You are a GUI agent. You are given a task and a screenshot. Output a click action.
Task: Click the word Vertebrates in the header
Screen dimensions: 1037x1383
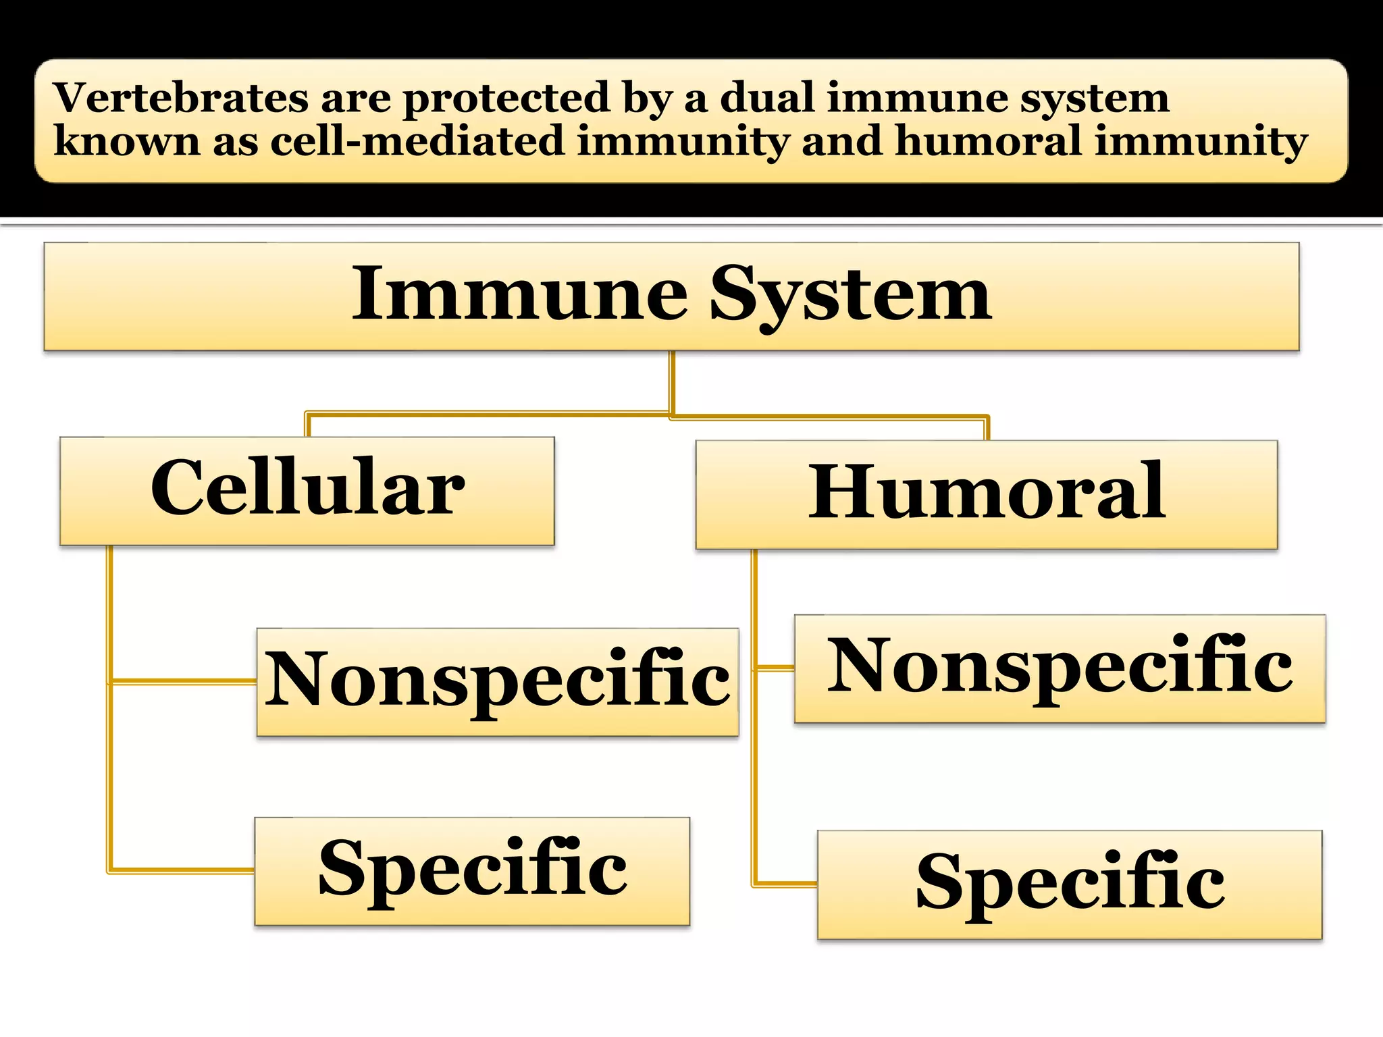coord(181,98)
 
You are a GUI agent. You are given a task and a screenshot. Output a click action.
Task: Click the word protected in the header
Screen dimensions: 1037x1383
coord(507,99)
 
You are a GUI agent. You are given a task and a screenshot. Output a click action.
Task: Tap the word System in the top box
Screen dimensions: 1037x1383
coord(850,296)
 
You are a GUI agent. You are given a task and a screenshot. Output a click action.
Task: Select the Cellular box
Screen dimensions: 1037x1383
coord(307,491)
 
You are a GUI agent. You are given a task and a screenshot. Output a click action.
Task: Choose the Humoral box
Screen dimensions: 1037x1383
coord(987,494)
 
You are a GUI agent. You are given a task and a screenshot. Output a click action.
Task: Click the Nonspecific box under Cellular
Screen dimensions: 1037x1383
coord(498,682)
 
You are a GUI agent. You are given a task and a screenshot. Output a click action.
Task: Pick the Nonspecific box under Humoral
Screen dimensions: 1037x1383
coord(1060,668)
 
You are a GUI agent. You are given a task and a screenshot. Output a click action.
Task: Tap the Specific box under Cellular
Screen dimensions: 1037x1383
coord(472,871)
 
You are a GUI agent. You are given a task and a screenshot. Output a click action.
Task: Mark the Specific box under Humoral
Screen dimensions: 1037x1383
coord(1070,884)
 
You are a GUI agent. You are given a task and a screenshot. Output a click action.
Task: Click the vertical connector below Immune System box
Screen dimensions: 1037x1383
coord(672,381)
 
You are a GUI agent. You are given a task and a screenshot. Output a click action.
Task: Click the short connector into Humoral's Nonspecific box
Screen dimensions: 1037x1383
coord(775,668)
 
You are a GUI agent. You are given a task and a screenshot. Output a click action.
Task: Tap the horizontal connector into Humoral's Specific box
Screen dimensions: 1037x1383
coord(785,883)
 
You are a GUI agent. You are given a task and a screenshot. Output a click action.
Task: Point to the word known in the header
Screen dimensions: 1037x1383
coord(127,142)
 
